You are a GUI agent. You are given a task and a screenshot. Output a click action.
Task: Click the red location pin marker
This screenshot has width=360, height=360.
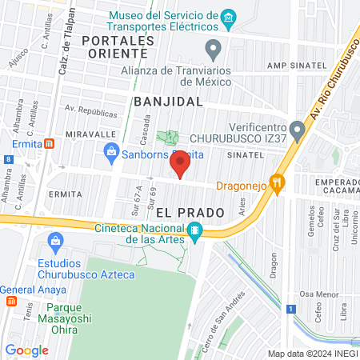pos(181,163)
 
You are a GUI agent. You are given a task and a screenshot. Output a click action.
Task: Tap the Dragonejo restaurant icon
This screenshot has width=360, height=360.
pos(278,183)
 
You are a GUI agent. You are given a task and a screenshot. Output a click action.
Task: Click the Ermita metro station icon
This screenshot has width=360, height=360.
pos(50,144)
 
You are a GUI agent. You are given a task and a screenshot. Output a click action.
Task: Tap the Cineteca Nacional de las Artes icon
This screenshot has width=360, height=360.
pos(194,232)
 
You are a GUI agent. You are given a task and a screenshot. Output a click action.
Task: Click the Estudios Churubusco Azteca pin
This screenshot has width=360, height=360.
pos(56,240)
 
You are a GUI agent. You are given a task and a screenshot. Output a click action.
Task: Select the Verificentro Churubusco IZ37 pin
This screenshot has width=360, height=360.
pos(298,129)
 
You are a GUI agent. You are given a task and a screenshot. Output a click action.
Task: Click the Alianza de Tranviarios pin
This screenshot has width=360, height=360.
pos(213,51)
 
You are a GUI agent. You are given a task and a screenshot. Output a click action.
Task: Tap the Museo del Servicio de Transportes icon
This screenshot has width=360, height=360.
pos(229,17)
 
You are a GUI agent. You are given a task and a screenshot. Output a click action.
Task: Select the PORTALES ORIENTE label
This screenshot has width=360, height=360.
pos(117,46)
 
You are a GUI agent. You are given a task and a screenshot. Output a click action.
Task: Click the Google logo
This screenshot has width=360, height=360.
pos(27,350)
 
